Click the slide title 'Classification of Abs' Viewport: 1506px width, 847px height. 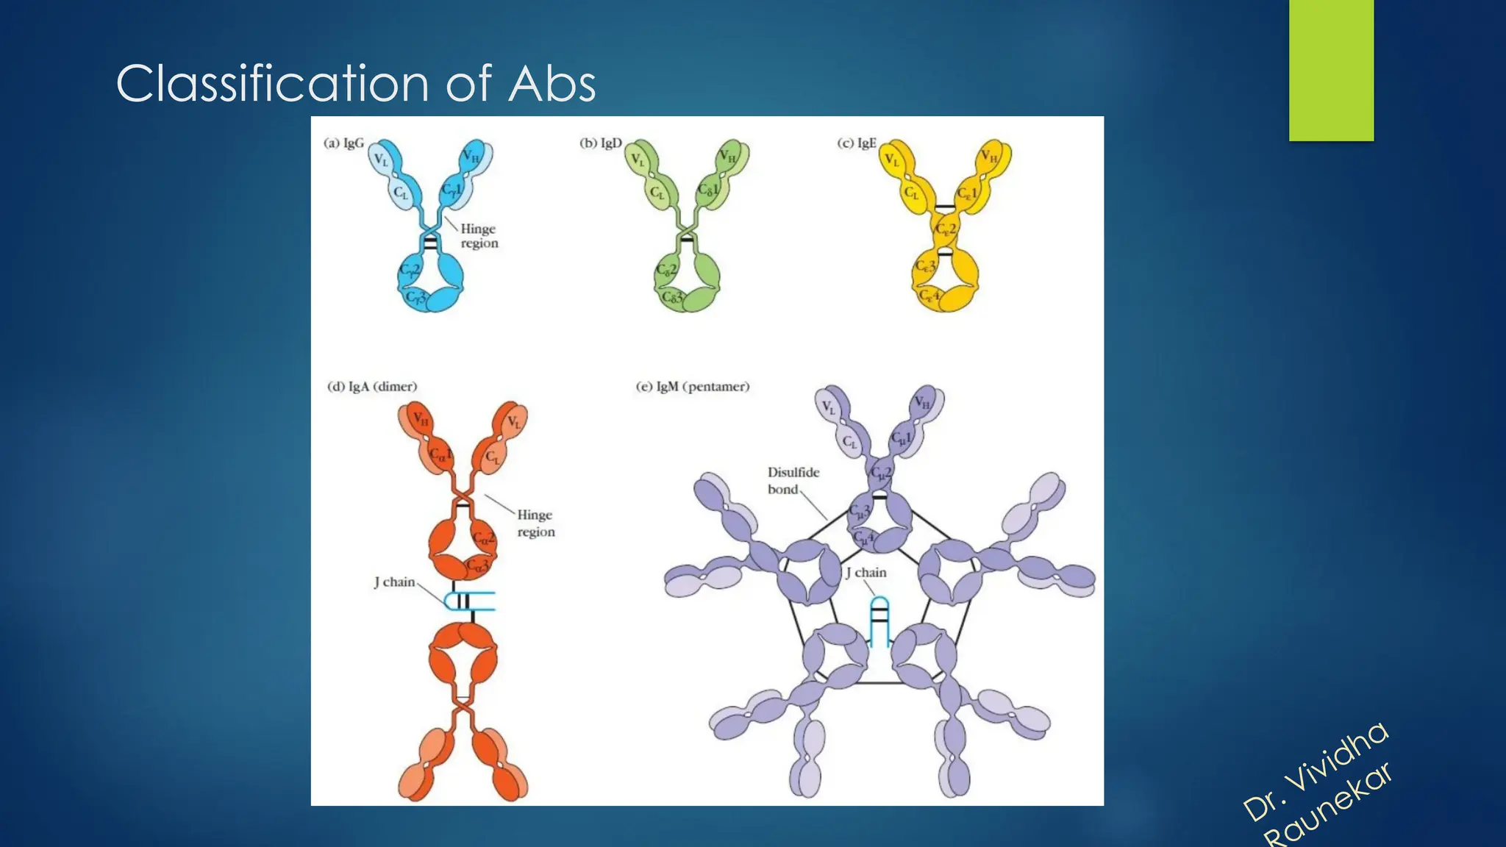click(x=356, y=83)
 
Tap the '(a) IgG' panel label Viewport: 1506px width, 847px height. click(x=343, y=143)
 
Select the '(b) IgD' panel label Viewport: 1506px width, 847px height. click(x=600, y=143)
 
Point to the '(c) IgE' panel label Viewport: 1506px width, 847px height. click(x=857, y=143)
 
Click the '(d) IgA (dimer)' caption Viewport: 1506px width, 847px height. click(x=372, y=387)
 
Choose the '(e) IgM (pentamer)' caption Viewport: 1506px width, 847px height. click(x=693, y=387)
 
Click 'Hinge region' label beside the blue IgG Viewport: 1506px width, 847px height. click(x=479, y=236)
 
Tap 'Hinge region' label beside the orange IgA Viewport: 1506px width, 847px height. click(x=535, y=523)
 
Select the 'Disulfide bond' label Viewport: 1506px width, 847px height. click(x=793, y=480)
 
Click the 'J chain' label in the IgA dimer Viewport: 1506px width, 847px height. click(x=395, y=582)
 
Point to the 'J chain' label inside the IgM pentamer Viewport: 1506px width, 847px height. click(x=866, y=573)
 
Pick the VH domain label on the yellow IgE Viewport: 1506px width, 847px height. click(x=989, y=157)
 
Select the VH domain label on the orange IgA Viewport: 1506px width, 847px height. click(x=421, y=419)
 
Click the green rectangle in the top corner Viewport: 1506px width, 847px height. click(x=1331, y=70)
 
